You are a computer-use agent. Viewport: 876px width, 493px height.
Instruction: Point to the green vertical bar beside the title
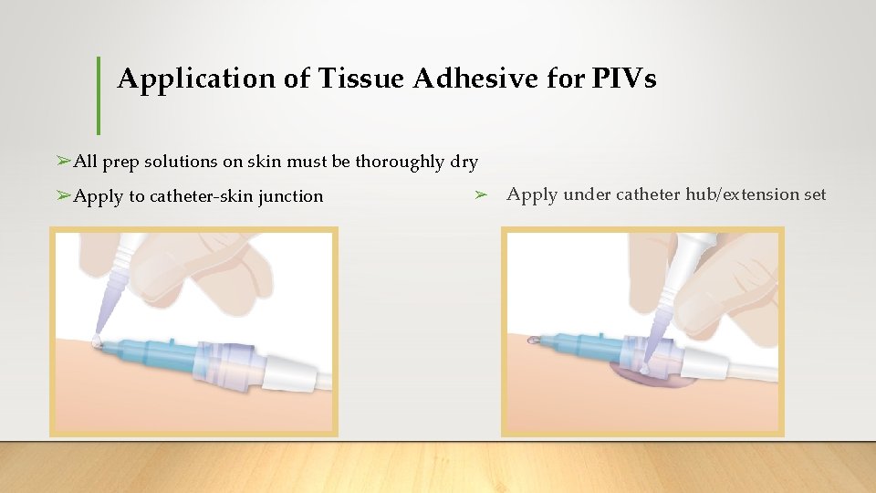coord(99,95)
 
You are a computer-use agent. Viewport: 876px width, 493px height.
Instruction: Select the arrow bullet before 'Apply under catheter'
coord(482,194)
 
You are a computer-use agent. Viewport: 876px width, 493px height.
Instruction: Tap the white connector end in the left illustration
coord(292,371)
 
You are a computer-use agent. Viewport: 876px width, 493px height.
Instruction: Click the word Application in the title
coord(195,79)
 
